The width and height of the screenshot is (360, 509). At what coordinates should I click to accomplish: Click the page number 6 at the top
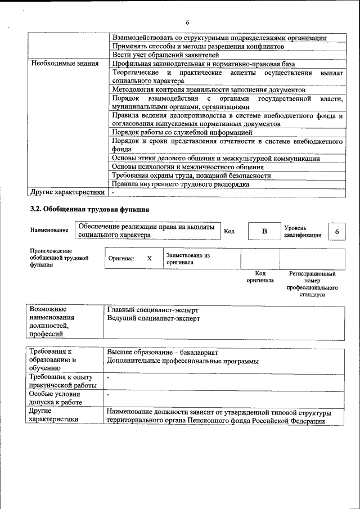click(x=187, y=22)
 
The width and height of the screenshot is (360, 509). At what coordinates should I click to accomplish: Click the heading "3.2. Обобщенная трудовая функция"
click(x=89, y=210)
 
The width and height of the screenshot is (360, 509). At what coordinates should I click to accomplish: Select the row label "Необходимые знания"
click(x=65, y=64)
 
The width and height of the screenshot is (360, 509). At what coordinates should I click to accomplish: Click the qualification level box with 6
click(x=336, y=232)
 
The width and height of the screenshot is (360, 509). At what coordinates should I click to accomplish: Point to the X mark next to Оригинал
click(x=149, y=259)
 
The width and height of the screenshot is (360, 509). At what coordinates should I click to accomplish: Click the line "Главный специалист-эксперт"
click(x=152, y=310)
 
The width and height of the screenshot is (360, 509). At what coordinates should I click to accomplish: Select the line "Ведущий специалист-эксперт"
click(x=153, y=318)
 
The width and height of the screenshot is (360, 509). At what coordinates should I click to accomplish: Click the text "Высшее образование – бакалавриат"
click(x=163, y=353)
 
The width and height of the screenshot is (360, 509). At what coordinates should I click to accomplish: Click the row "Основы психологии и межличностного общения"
click(x=188, y=167)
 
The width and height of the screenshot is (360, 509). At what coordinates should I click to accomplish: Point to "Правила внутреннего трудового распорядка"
click(x=180, y=184)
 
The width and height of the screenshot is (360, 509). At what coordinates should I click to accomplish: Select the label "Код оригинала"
click(x=260, y=277)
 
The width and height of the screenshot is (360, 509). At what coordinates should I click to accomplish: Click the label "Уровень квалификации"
click(x=303, y=231)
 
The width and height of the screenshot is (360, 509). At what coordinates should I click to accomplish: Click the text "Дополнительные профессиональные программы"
click(x=183, y=361)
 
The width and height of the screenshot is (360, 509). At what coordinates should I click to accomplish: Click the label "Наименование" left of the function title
click(x=49, y=230)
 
